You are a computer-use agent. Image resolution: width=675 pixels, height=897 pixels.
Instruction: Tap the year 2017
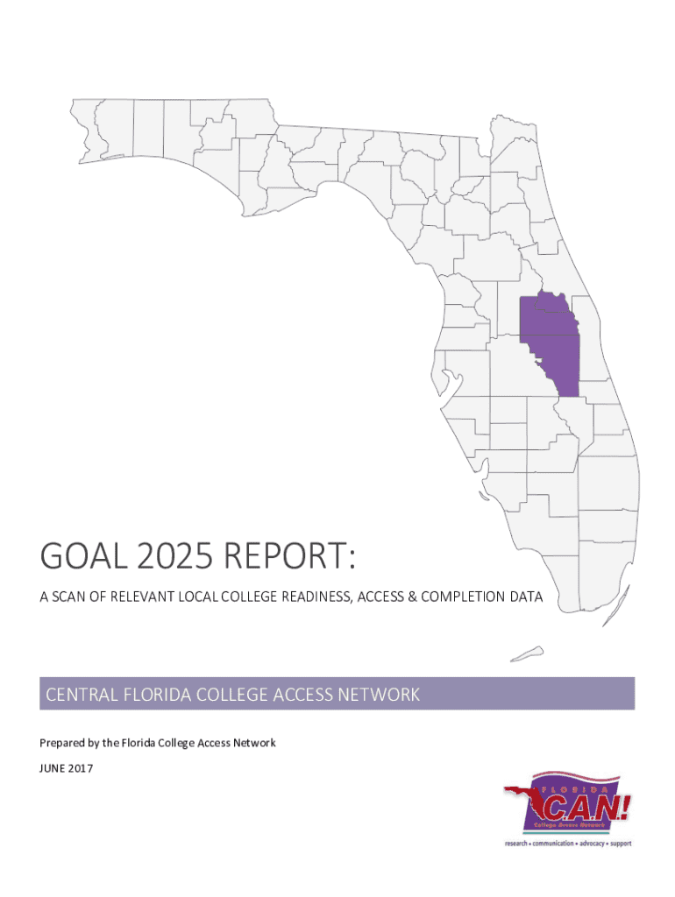81,768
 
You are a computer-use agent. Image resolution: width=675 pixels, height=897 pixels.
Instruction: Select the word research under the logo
519,844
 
